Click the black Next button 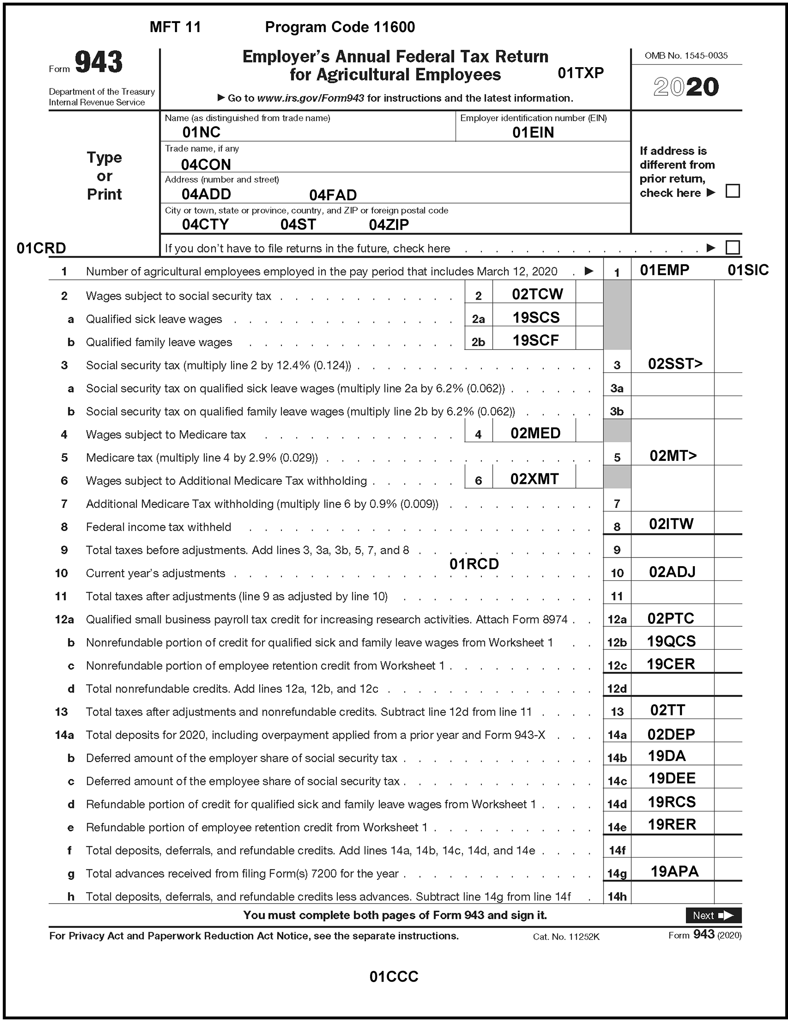(713, 915)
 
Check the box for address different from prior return (732, 191)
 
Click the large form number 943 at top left (98, 62)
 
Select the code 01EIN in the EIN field (533, 133)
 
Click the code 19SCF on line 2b (535, 340)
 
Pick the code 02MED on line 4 (535, 433)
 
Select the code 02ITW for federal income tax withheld (671, 524)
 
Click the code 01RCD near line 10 (474, 564)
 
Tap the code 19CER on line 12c (671, 664)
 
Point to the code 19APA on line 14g (675, 872)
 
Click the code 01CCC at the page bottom (394, 977)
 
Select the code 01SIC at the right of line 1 (748, 270)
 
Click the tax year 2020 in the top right (686, 87)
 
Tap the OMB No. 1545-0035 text (686, 56)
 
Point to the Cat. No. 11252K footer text (566, 937)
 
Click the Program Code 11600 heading (340, 27)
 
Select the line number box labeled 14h (617, 897)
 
